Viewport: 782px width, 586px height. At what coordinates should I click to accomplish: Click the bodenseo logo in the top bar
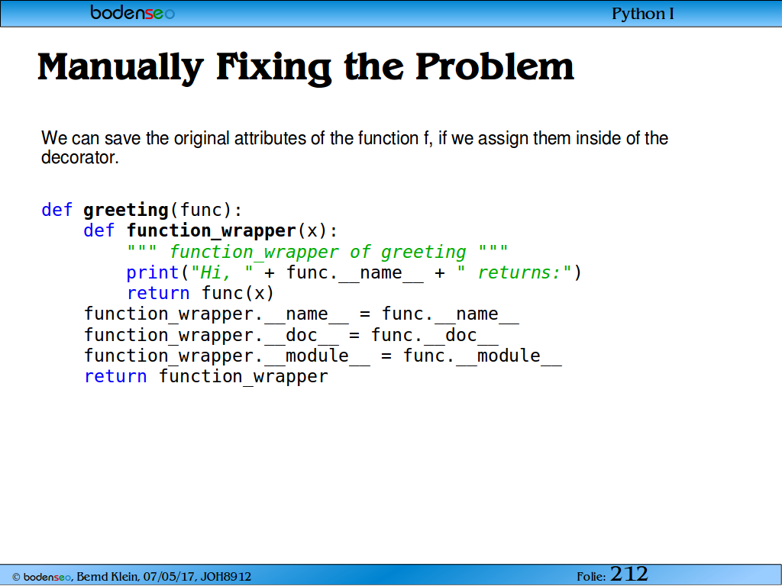tap(132, 12)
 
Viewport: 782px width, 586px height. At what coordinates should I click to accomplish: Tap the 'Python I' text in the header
tap(643, 14)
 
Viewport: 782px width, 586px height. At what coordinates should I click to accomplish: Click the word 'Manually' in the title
tap(121, 67)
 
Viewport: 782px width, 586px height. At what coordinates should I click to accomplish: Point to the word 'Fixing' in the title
tap(274, 67)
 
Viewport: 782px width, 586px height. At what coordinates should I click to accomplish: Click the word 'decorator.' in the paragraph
tap(80, 157)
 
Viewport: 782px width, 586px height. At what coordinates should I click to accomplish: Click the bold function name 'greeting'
tap(126, 211)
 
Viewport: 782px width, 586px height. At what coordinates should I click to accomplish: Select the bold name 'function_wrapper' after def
tap(212, 230)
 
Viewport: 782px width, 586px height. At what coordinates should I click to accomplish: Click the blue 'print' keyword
tap(153, 273)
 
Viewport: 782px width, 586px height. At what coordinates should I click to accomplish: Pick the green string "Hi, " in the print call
tap(222, 272)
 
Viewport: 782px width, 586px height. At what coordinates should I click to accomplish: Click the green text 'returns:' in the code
tap(519, 272)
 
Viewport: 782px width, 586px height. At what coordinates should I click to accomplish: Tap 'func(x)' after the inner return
tap(238, 294)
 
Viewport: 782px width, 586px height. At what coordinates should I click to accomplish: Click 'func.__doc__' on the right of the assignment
tap(435, 336)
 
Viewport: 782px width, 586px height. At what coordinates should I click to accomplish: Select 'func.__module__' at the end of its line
tap(483, 356)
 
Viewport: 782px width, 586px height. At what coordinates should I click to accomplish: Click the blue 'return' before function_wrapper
tap(116, 377)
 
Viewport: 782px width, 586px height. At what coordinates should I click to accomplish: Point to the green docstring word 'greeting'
tap(423, 252)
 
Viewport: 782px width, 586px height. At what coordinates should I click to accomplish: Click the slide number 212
tap(629, 574)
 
